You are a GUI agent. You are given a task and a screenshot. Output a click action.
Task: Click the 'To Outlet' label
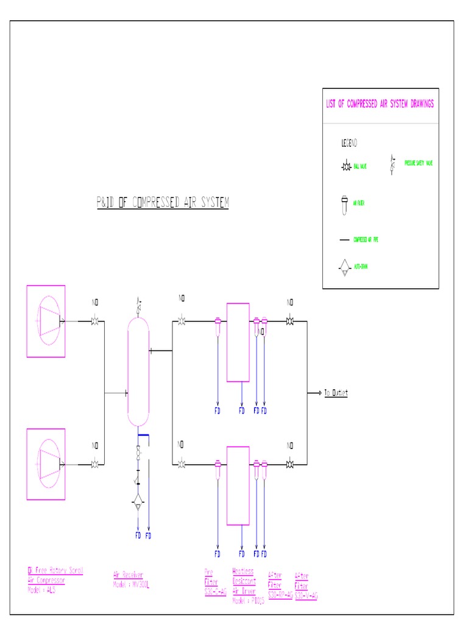[335, 393]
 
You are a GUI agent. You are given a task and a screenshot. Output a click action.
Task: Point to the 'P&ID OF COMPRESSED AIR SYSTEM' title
[163, 203]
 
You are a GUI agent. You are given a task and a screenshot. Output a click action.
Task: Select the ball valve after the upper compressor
[95, 321]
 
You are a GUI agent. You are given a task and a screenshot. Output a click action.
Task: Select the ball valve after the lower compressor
[95, 464]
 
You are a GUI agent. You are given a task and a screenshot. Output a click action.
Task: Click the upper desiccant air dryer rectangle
[238, 342]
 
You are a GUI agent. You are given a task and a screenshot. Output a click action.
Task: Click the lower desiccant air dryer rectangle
[238, 486]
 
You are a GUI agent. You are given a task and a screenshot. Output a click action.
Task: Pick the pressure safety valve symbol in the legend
[391, 165]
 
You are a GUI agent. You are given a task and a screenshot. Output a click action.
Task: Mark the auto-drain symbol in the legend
[344, 268]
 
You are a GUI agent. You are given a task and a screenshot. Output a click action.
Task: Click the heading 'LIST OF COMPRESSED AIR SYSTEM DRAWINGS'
[380, 104]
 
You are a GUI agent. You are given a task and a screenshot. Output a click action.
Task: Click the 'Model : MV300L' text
[131, 584]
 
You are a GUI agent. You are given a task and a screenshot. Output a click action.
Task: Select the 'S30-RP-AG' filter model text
[280, 593]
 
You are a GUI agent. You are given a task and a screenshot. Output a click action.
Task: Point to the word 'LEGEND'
[349, 143]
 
